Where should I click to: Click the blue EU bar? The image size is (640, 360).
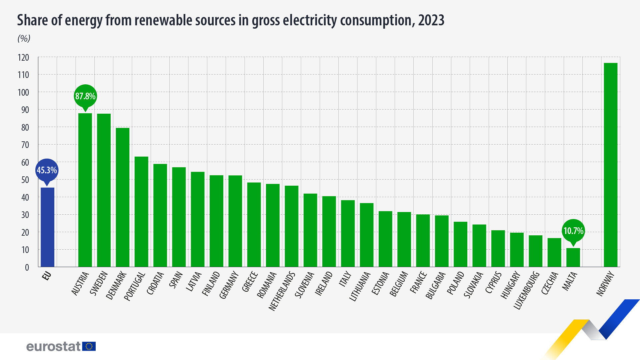[x=47, y=227]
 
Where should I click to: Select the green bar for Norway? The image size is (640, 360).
[x=610, y=165]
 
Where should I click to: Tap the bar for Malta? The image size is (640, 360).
[x=573, y=257]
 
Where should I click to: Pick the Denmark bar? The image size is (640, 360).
[x=122, y=197]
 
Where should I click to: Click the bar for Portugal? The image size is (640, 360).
[x=141, y=211]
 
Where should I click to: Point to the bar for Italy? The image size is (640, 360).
[x=348, y=233]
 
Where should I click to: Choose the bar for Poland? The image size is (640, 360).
[x=460, y=244]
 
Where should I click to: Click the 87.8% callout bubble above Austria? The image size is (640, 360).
[x=85, y=96]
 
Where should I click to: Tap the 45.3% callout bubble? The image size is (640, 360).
[x=47, y=170]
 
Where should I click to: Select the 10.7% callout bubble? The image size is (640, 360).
[x=573, y=231]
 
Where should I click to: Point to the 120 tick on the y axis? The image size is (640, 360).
[x=23, y=58]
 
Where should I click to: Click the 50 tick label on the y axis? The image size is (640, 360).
[x=25, y=180]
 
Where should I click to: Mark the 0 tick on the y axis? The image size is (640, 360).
[x=27, y=267]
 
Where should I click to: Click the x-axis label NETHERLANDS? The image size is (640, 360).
[x=282, y=291]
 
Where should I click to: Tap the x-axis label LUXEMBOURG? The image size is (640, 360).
[x=526, y=290]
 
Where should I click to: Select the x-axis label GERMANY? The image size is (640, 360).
[x=229, y=285]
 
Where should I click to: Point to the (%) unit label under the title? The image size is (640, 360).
[x=24, y=39]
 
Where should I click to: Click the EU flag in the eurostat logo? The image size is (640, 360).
[x=89, y=346]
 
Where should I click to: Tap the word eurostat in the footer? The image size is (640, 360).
[x=53, y=347]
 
